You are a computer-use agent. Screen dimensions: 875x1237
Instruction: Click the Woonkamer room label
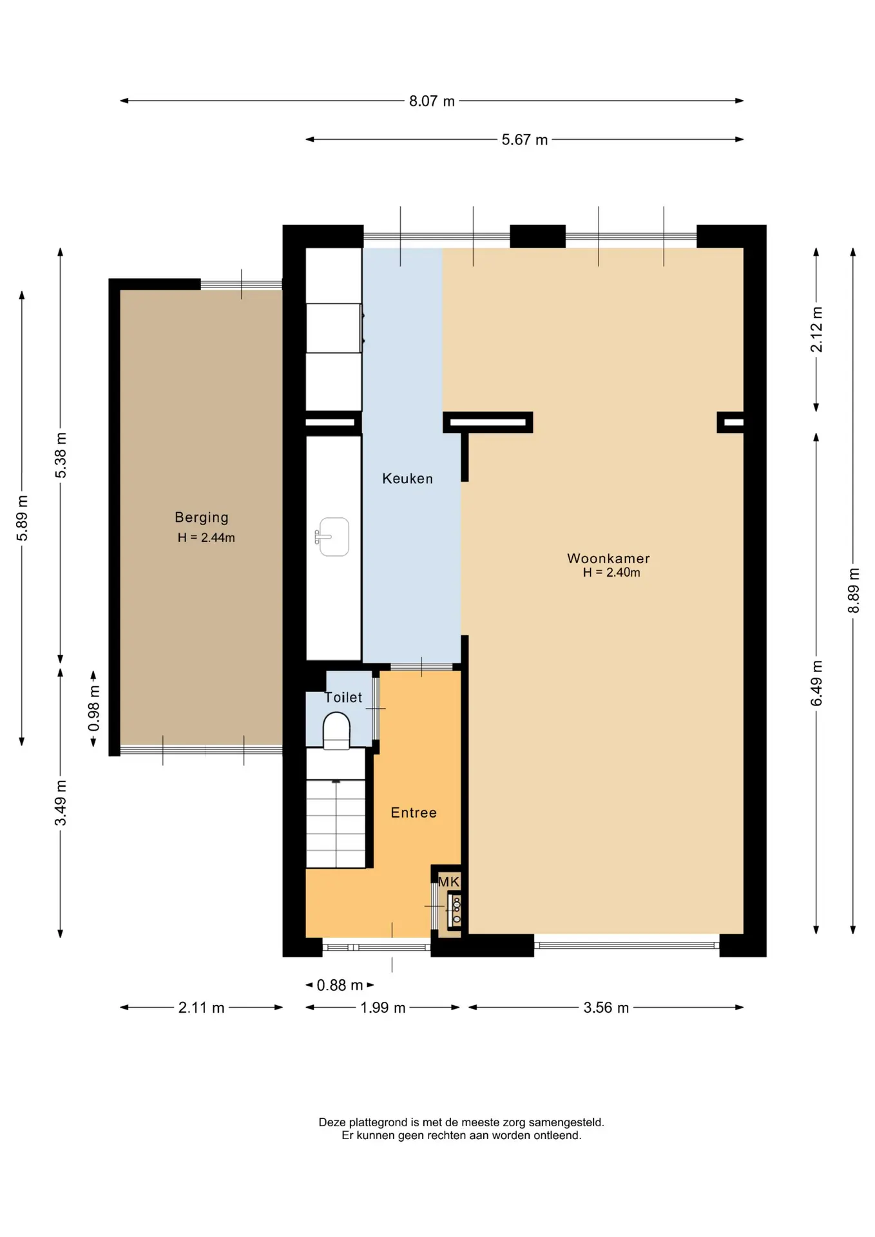[608, 559]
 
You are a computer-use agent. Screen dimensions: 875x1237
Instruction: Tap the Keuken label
[407, 479]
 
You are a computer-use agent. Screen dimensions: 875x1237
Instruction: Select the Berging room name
[202, 517]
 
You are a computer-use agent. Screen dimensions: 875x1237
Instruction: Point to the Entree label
[414, 813]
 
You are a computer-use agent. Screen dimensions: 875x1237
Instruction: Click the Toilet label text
[343, 698]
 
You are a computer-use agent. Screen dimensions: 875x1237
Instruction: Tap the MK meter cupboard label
[449, 881]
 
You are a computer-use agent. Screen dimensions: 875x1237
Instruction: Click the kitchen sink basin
[333, 537]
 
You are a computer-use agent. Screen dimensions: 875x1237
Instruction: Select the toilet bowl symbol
[336, 731]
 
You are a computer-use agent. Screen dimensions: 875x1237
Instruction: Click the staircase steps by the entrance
[336, 823]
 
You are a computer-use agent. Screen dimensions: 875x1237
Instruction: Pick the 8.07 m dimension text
[432, 101]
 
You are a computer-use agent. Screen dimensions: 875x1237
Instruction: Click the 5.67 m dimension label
[524, 140]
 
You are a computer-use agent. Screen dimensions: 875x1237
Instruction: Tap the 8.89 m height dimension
[853, 591]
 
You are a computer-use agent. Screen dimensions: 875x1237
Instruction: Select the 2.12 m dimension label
[816, 329]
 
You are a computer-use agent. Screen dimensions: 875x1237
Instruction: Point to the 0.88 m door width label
[340, 985]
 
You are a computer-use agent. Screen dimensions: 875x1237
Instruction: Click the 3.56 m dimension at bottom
[606, 1008]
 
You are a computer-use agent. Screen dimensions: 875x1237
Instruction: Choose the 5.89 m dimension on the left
[22, 519]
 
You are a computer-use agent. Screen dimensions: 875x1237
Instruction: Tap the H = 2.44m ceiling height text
[206, 537]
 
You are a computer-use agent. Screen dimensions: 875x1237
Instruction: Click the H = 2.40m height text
[611, 572]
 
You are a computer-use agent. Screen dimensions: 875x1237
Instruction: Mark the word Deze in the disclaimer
[332, 1122]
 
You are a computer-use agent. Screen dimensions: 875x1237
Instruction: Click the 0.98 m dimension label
[94, 708]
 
